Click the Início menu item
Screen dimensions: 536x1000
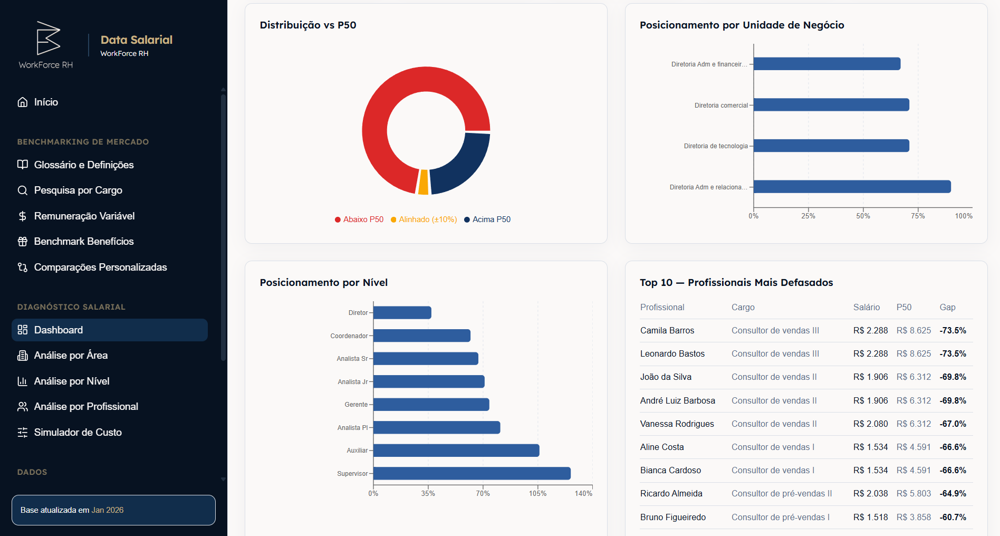tap(45, 102)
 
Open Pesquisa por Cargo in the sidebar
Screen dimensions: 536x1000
tap(78, 190)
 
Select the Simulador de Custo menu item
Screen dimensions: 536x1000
tap(78, 433)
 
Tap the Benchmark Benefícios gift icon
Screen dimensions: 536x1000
tap(22, 242)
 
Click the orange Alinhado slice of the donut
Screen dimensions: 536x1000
tap(423, 183)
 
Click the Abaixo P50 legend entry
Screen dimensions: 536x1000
tap(359, 219)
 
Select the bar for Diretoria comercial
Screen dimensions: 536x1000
tap(831, 105)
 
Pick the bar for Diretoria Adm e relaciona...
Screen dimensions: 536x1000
tap(852, 187)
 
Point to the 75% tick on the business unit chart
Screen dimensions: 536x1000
tap(918, 216)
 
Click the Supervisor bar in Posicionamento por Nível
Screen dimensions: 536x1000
tap(472, 474)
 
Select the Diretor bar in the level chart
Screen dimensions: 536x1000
tap(402, 313)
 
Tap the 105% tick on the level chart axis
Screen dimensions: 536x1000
tap(537, 493)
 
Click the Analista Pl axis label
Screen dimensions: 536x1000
tap(352, 428)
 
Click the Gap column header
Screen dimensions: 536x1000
tap(947, 308)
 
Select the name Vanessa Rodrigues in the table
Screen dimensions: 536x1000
tap(677, 424)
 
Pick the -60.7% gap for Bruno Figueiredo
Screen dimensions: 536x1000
tap(953, 518)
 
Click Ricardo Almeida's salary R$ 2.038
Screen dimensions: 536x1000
tap(870, 494)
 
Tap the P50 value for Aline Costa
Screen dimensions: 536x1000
tap(914, 447)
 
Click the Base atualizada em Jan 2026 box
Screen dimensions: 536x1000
tap(113, 510)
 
